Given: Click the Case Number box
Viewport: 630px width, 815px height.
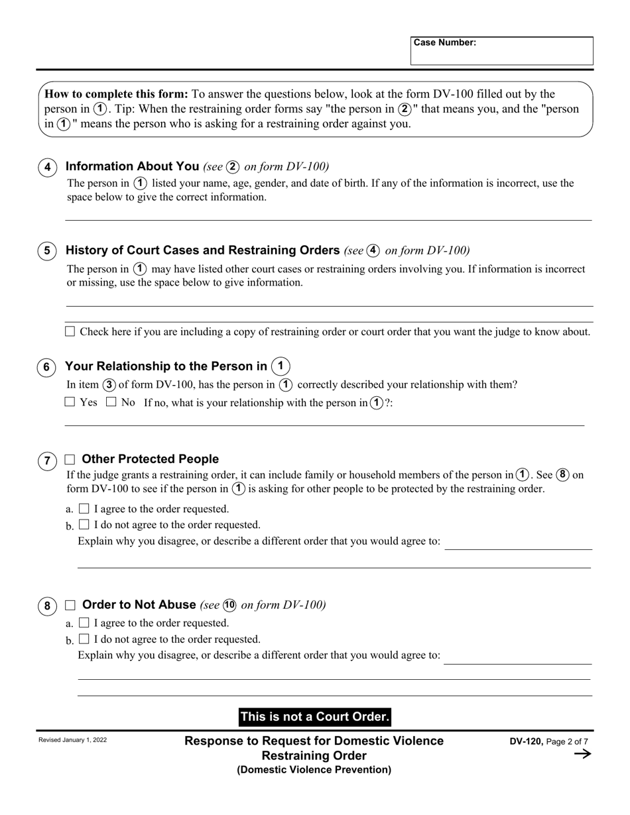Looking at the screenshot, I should [501, 52].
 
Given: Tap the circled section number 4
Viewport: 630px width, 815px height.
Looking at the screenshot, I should [47, 168].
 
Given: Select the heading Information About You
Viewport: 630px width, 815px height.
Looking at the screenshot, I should [133, 166].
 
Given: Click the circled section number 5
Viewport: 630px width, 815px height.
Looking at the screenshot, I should [47, 251].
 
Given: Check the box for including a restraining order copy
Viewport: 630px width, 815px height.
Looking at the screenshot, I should [70, 331].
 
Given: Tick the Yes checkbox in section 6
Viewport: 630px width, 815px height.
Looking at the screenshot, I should [70, 402].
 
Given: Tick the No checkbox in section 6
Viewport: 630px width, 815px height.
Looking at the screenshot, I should [111, 402].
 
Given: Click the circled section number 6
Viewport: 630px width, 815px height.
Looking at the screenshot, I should [47, 368].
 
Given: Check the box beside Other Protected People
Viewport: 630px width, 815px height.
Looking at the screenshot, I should [70, 459].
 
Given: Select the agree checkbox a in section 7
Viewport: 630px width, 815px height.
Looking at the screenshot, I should [84, 509].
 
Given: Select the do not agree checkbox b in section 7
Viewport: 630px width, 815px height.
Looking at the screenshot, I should [84, 525].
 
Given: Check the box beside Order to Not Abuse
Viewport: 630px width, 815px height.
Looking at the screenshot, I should [70, 605].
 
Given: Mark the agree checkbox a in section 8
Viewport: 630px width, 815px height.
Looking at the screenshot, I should [84, 623].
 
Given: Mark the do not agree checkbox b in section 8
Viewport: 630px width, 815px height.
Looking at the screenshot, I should [84, 639].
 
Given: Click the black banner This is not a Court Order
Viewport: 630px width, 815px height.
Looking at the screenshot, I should [314, 717].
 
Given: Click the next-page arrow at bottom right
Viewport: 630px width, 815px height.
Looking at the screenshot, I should [582, 754].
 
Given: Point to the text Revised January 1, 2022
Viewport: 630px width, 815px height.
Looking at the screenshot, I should [72, 740].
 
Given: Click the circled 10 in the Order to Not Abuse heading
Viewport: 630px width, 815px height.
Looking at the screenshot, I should [229, 605].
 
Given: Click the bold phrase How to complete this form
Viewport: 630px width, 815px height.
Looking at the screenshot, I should [117, 94].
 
